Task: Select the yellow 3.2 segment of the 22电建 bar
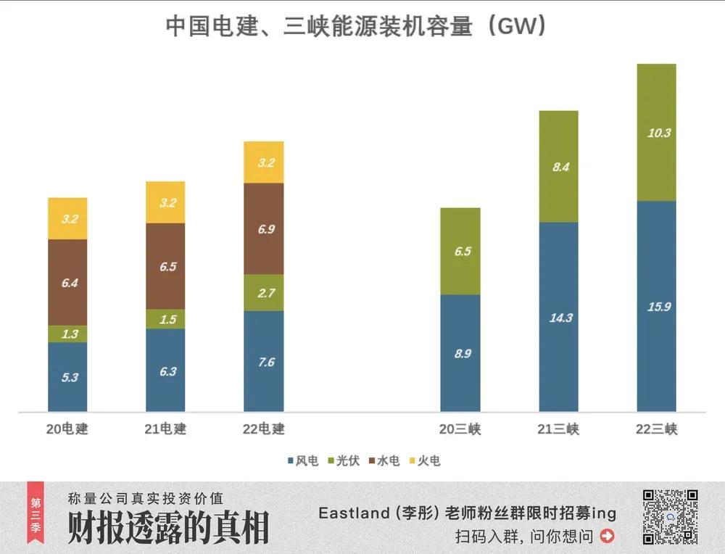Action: [264, 162]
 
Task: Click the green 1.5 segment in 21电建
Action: [165, 319]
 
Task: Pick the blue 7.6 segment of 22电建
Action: [264, 361]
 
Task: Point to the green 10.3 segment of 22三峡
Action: [656, 133]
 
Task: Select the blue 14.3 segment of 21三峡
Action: [558, 317]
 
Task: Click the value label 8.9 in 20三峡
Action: [460, 354]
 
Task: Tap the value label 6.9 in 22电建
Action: [266, 229]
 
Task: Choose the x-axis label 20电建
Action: [67, 429]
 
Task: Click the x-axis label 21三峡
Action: [558, 429]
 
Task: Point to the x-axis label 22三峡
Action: [656, 429]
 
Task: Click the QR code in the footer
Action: [670, 517]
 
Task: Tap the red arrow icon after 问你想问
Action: [608, 537]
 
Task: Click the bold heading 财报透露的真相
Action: [167, 527]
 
